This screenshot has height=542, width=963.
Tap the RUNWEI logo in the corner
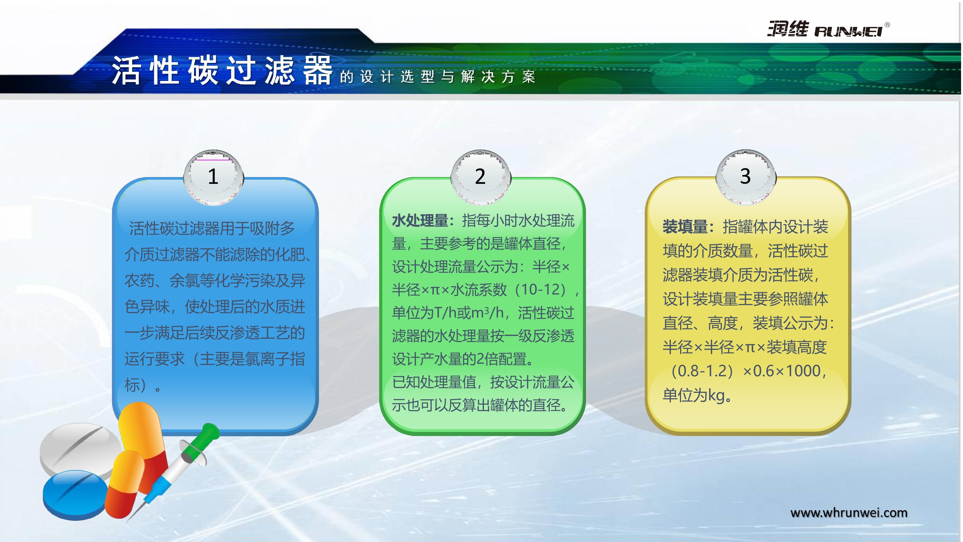coord(828,29)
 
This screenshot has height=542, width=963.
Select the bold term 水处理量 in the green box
coord(420,221)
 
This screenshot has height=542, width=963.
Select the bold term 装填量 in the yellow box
coord(685,227)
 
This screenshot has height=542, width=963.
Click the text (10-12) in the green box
coord(542,290)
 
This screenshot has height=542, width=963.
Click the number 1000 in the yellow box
coord(803,371)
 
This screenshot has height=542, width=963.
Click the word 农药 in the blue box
coord(139,281)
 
